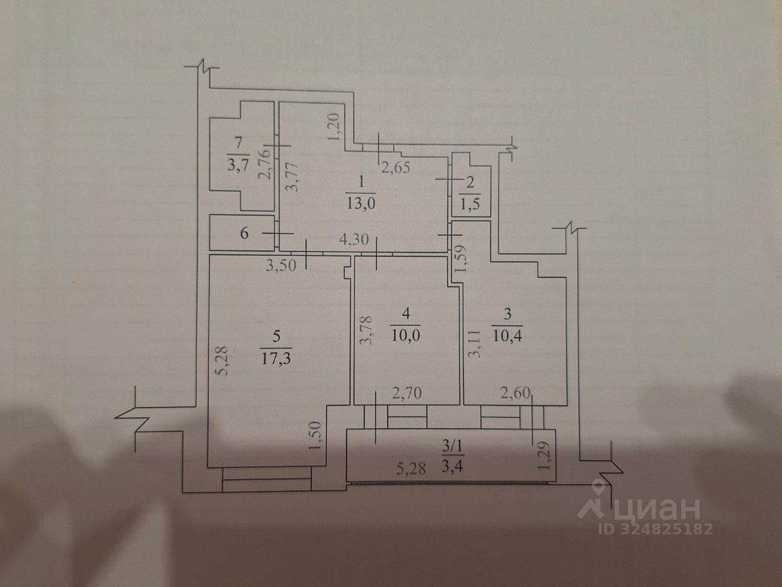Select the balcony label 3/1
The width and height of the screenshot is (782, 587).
(x=454, y=449)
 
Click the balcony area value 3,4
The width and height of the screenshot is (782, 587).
(x=454, y=470)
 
